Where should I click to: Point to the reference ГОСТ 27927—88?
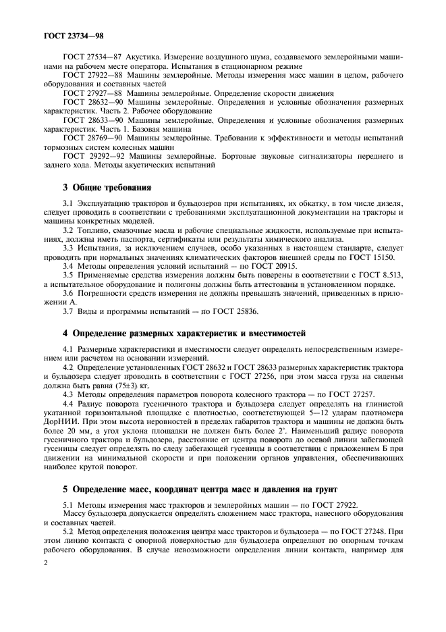[91, 93]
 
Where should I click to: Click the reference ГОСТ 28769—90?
[91, 138]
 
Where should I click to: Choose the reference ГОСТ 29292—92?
[91, 155]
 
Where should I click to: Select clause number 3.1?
[68, 203]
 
